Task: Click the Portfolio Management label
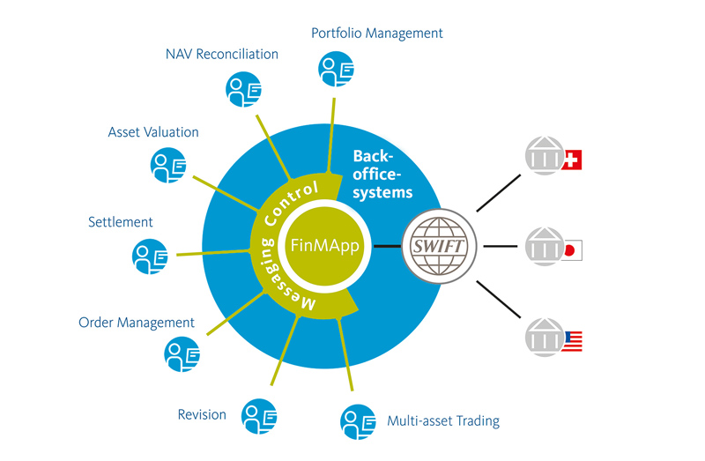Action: tap(376, 33)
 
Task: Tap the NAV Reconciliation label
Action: tap(221, 54)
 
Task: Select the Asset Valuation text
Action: tap(153, 132)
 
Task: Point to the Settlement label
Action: tap(121, 221)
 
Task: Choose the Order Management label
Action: tap(137, 323)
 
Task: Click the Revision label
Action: tap(202, 414)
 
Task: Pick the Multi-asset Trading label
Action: tap(443, 420)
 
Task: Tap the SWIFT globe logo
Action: tap(438, 245)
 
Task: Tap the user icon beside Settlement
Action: tap(149, 257)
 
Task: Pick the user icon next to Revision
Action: tap(261, 415)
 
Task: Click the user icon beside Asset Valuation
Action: tap(168, 165)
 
